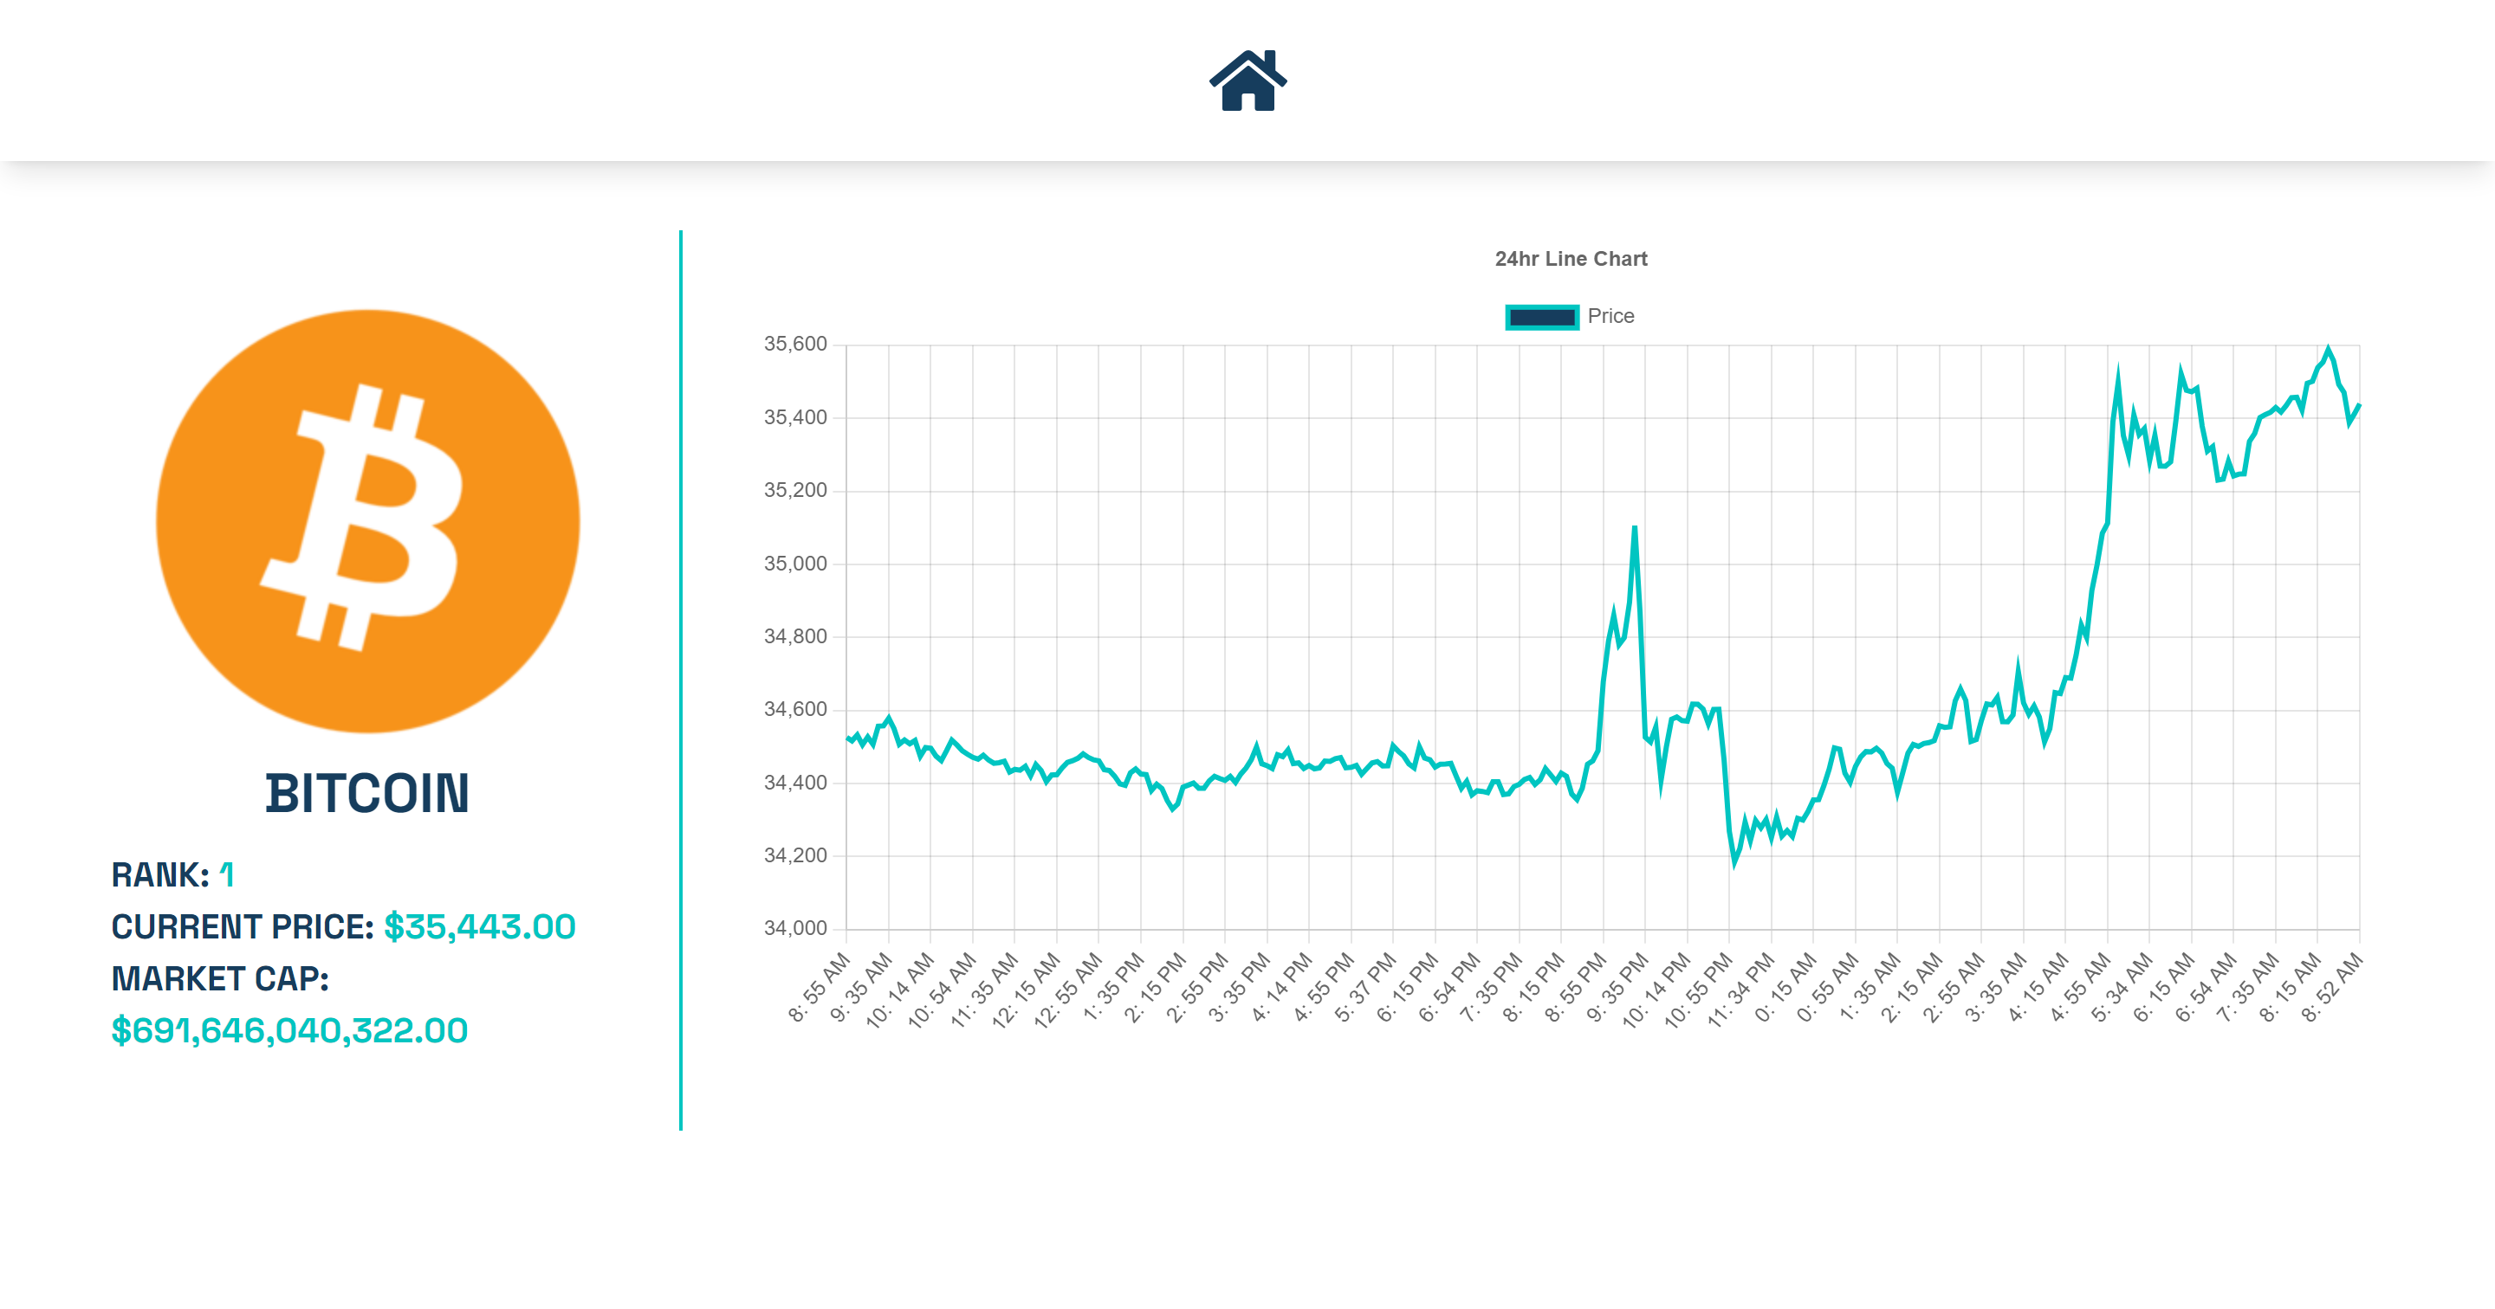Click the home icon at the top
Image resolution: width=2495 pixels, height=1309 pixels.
pos(1247,81)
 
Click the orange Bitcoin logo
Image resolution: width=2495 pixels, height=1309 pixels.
pos(368,521)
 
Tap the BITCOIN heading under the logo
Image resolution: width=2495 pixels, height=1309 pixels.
pos(368,793)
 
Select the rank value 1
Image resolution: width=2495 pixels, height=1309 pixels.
pos(227,875)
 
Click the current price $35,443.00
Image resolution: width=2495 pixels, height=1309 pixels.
pos(479,926)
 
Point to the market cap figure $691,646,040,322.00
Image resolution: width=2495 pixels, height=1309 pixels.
pos(289,1030)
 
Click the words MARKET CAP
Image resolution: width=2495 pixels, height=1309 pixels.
pos(220,979)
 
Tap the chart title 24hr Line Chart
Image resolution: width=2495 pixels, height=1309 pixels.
pos(1570,259)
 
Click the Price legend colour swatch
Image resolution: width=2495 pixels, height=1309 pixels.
pos(1542,317)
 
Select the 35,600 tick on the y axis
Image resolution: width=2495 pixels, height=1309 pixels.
pos(795,344)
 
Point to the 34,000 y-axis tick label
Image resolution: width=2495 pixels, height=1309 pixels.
pos(795,927)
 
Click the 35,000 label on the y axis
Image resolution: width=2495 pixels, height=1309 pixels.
pos(795,564)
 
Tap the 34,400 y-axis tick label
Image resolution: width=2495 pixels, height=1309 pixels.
pos(795,783)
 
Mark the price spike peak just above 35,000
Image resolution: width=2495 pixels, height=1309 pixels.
pos(1634,527)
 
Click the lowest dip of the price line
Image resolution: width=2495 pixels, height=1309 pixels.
pos(1734,862)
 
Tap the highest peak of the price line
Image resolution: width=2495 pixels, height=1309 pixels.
pos(2329,349)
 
